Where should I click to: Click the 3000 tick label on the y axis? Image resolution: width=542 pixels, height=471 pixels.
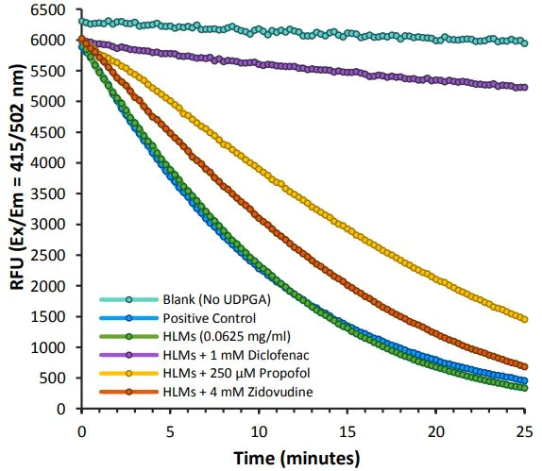55,225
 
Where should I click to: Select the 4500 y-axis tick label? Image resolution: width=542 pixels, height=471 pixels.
55,132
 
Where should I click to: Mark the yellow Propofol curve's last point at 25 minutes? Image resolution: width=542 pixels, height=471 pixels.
524,319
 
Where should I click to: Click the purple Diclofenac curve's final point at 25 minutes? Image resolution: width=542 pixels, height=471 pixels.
524,87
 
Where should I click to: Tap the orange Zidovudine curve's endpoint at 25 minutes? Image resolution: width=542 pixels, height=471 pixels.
524,366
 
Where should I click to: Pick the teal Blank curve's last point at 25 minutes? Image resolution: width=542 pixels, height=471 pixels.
524,42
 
